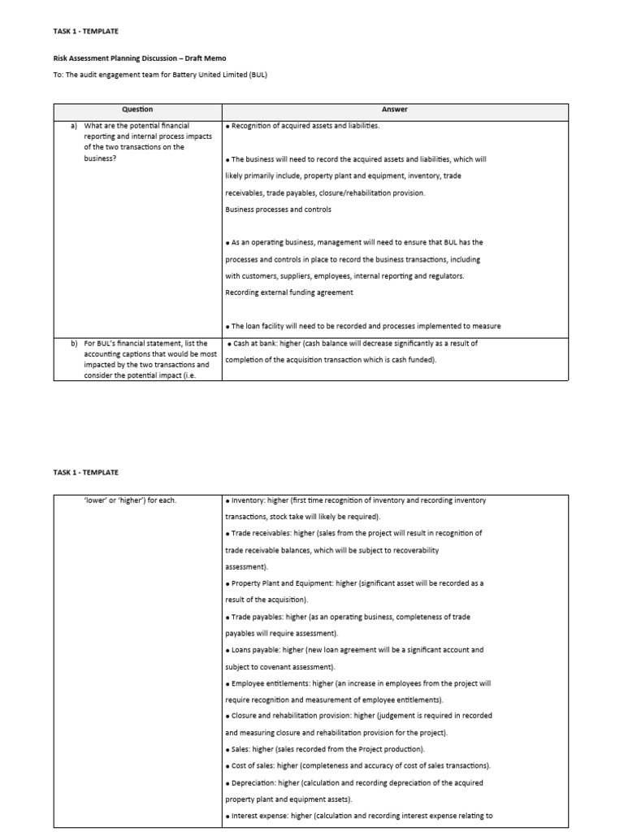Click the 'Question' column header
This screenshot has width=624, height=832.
136,110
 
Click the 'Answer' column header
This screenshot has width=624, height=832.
394,110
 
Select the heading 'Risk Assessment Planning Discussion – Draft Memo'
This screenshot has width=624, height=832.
140,58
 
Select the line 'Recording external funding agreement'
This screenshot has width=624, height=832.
284,292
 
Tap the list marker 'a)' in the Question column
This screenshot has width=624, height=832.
74,126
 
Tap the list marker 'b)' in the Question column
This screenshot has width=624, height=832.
74,343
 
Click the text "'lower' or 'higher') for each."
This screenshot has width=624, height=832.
130,500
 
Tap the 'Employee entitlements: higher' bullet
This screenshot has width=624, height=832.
282,683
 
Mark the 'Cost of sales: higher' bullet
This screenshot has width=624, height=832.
266,766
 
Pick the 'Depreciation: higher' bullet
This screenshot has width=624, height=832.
264,782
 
